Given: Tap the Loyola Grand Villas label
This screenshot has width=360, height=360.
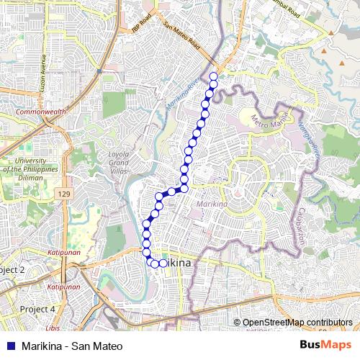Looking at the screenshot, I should pos(119,162).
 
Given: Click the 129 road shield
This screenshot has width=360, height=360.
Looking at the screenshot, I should pos(66,195).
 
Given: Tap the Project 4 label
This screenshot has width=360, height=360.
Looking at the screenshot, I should pos(37,309).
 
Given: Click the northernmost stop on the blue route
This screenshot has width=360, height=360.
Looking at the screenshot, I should pos(214,76).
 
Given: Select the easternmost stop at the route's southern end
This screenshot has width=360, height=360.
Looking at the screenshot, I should pos(163,264).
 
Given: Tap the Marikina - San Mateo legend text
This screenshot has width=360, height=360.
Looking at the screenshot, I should pos(67,346).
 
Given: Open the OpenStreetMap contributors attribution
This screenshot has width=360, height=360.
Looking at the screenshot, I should pos(297,322).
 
